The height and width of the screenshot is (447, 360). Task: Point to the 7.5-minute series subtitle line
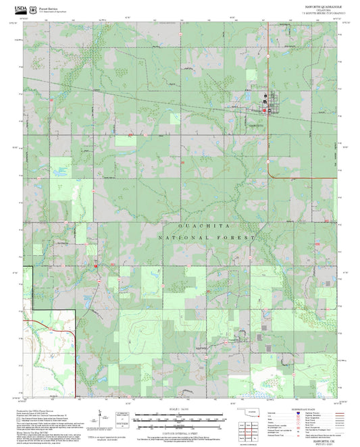pyautogui.click(x=318, y=13)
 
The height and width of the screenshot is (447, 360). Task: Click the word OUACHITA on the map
pyautogui.click(x=205, y=225)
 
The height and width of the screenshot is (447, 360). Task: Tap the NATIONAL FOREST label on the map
pyautogui.click(x=207, y=238)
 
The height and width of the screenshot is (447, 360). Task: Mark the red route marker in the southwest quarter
pyautogui.click(x=96, y=265)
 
